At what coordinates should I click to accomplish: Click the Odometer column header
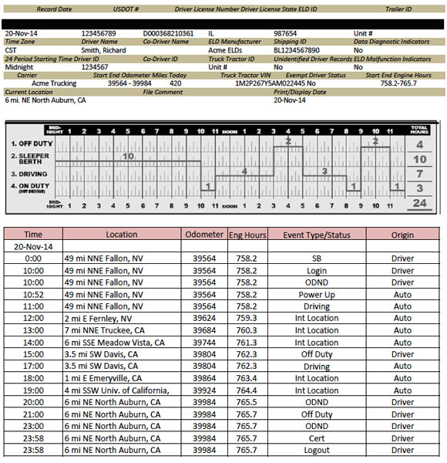pyautogui.click(x=204, y=235)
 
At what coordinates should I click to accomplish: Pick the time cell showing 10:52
pyautogui.click(x=33, y=295)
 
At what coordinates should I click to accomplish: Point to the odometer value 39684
pyautogui.click(x=204, y=330)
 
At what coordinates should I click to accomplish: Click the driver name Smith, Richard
pyautogui.click(x=104, y=50)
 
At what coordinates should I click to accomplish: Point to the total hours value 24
pyautogui.click(x=420, y=204)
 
